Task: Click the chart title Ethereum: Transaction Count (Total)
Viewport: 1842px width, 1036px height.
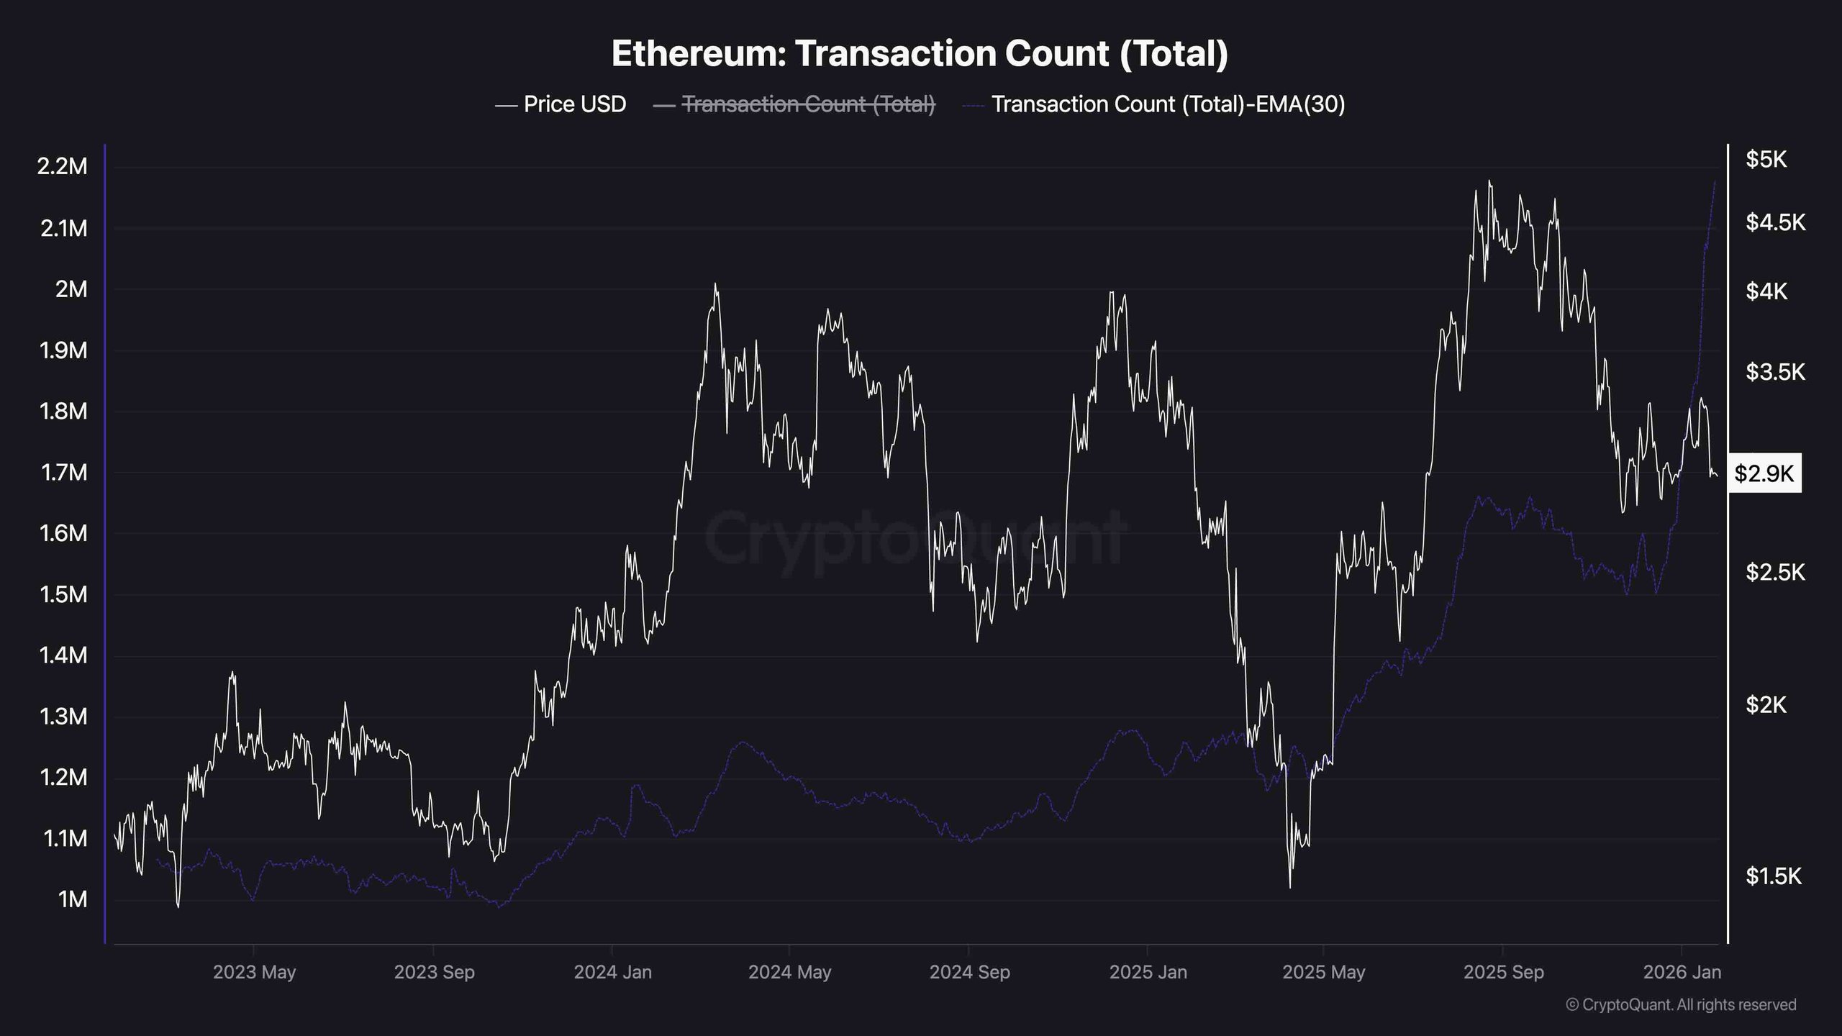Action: tap(920, 53)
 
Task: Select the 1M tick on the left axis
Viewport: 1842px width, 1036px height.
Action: tap(72, 899)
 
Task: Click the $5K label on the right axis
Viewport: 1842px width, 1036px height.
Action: tap(1766, 160)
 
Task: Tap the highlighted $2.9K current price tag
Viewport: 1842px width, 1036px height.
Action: tap(1764, 473)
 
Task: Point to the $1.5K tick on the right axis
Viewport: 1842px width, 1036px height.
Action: tap(1773, 876)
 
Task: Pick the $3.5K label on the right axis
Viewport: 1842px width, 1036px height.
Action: tap(1775, 372)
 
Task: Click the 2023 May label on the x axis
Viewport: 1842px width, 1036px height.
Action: tap(254, 972)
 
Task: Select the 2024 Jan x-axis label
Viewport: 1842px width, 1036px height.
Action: tap(612, 972)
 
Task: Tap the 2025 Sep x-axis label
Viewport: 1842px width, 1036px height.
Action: tap(1503, 972)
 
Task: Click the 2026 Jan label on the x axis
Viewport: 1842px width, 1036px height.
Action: tap(1682, 972)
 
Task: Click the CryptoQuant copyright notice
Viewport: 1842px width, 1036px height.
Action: tap(1681, 1004)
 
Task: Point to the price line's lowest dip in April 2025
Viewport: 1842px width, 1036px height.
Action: tap(1289, 887)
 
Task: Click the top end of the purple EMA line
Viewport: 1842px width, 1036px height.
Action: tap(1715, 182)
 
